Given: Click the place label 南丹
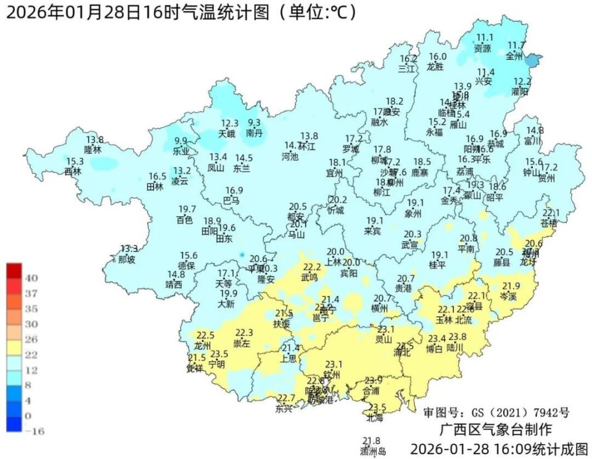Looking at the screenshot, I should (254, 133).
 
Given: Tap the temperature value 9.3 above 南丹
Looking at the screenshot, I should (254, 123).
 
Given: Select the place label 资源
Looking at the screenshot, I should (483, 48).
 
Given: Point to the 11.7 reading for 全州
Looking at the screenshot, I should (516, 45).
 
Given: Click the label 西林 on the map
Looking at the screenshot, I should (73, 171).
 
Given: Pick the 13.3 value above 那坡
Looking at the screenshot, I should (129, 249).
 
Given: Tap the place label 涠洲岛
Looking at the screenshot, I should (373, 452).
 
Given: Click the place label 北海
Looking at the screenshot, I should (374, 418).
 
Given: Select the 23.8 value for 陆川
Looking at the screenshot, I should (457, 337).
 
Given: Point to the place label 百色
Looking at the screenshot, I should (184, 219).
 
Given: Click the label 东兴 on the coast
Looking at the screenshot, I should (284, 408).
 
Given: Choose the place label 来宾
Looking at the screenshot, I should (372, 230).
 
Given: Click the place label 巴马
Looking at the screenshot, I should (231, 200).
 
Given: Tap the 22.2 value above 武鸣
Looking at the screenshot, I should (311, 267).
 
